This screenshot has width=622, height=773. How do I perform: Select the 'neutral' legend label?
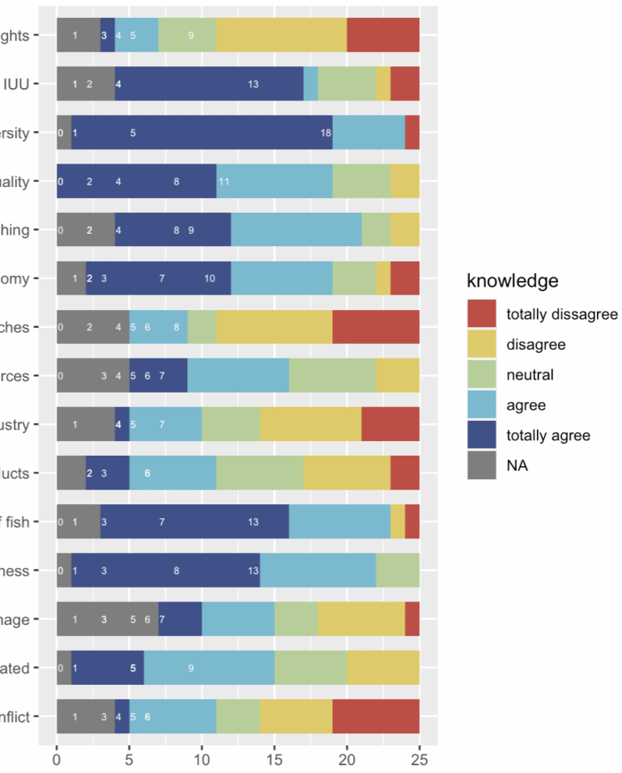tap(529, 375)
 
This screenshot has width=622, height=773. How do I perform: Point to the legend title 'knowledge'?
tap(512, 281)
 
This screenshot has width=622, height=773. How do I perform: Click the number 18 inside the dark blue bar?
tap(326, 133)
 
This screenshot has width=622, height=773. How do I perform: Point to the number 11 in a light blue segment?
tap(224, 181)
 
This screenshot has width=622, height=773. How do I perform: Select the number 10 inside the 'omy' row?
tap(209, 278)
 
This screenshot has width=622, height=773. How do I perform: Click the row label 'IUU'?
tap(17, 84)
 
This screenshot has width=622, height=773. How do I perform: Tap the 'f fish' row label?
tap(17, 522)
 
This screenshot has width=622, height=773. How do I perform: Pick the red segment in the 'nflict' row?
tap(376, 716)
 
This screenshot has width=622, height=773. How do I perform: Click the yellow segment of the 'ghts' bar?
tap(281, 36)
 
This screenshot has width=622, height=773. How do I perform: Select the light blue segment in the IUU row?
tap(310, 84)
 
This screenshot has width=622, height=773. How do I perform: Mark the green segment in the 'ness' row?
tap(398, 571)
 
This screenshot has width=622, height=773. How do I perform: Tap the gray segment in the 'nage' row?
tap(107, 619)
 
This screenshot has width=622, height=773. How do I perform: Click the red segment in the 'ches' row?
tap(376, 327)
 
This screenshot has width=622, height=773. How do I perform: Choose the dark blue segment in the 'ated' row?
tap(107, 668)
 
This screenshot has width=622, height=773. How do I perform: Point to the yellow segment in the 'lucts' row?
tap(347, 473)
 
